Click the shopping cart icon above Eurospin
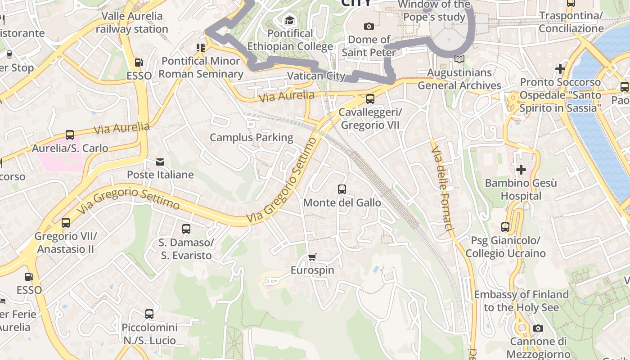(312, 257)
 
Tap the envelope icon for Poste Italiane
(160, 162)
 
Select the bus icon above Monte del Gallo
(342, 189)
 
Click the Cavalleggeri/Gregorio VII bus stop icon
(370, 99)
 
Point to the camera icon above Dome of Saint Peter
(369, 27)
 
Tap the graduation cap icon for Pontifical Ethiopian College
(289, 20)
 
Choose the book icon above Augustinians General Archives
(459, 59)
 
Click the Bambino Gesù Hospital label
(521, 189)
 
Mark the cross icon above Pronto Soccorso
(560, 69)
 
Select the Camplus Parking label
(252, 138)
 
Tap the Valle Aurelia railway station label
(132, 22)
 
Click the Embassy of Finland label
(521, 301)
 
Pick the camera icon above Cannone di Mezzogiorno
(538, 328)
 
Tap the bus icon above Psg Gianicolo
(505, 227)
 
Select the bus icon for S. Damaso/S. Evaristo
(186, 229)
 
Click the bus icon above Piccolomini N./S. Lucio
(149, 314)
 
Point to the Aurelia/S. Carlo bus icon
(70, 135)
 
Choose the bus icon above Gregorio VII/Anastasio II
(66, 222)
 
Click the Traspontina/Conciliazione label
(571, 22)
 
